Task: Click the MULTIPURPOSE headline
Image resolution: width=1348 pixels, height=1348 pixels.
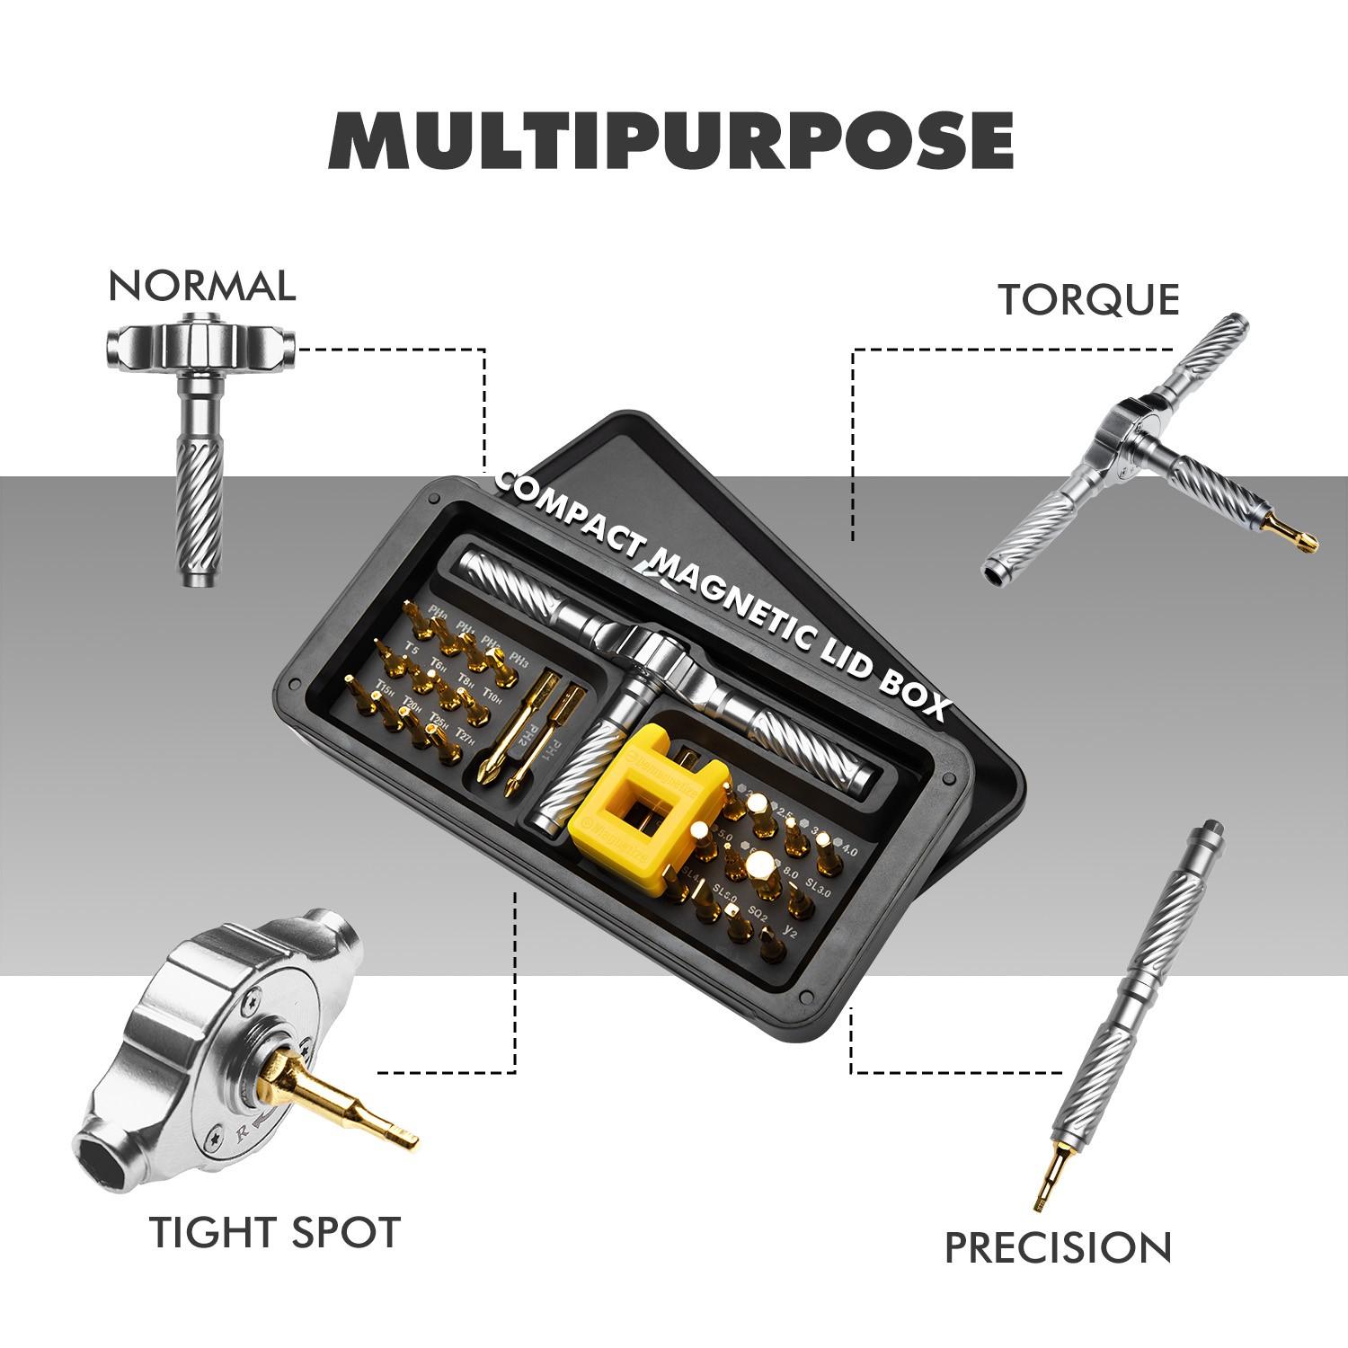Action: [x=672, y=140]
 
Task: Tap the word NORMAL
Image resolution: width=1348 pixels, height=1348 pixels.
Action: [x=201, y=286]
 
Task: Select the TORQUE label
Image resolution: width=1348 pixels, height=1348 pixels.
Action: [x=1088, y=299]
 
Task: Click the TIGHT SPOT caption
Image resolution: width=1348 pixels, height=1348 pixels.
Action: [x=274, y=1232]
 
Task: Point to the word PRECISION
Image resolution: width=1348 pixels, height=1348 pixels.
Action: [x=1058, y=1248]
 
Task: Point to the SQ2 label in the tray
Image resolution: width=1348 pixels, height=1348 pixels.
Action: [x=758, y=914]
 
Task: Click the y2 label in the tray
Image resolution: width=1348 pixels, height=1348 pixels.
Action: [x=791, y=929]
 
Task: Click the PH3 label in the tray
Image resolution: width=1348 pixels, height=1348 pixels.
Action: [x=518, y=658]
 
